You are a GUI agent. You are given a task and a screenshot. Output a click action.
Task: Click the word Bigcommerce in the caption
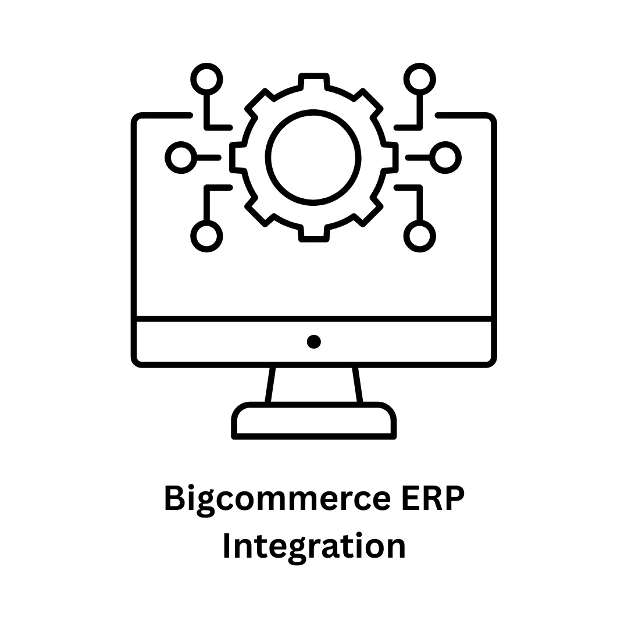point(277,499)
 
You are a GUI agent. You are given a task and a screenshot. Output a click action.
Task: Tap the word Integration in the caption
point(314,547)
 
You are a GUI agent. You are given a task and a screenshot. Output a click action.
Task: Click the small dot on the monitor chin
point(314,341)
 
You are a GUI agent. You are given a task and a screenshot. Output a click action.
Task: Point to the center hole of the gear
point(313,157)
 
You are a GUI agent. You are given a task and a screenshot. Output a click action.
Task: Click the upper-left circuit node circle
point(206,78)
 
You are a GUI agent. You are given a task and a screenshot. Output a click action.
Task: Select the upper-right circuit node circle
point(420,78)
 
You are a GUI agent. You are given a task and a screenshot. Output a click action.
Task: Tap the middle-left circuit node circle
point(181,157)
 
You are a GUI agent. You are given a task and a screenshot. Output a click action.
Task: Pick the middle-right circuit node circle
point(445,157)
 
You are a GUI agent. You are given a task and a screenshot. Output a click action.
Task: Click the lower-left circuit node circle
point(206,236)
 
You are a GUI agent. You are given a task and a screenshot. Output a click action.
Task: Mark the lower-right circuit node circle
point(420,236)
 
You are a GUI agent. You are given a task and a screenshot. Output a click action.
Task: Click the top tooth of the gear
point(314,81)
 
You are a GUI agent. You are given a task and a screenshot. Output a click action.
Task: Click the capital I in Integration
point(228,547)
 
